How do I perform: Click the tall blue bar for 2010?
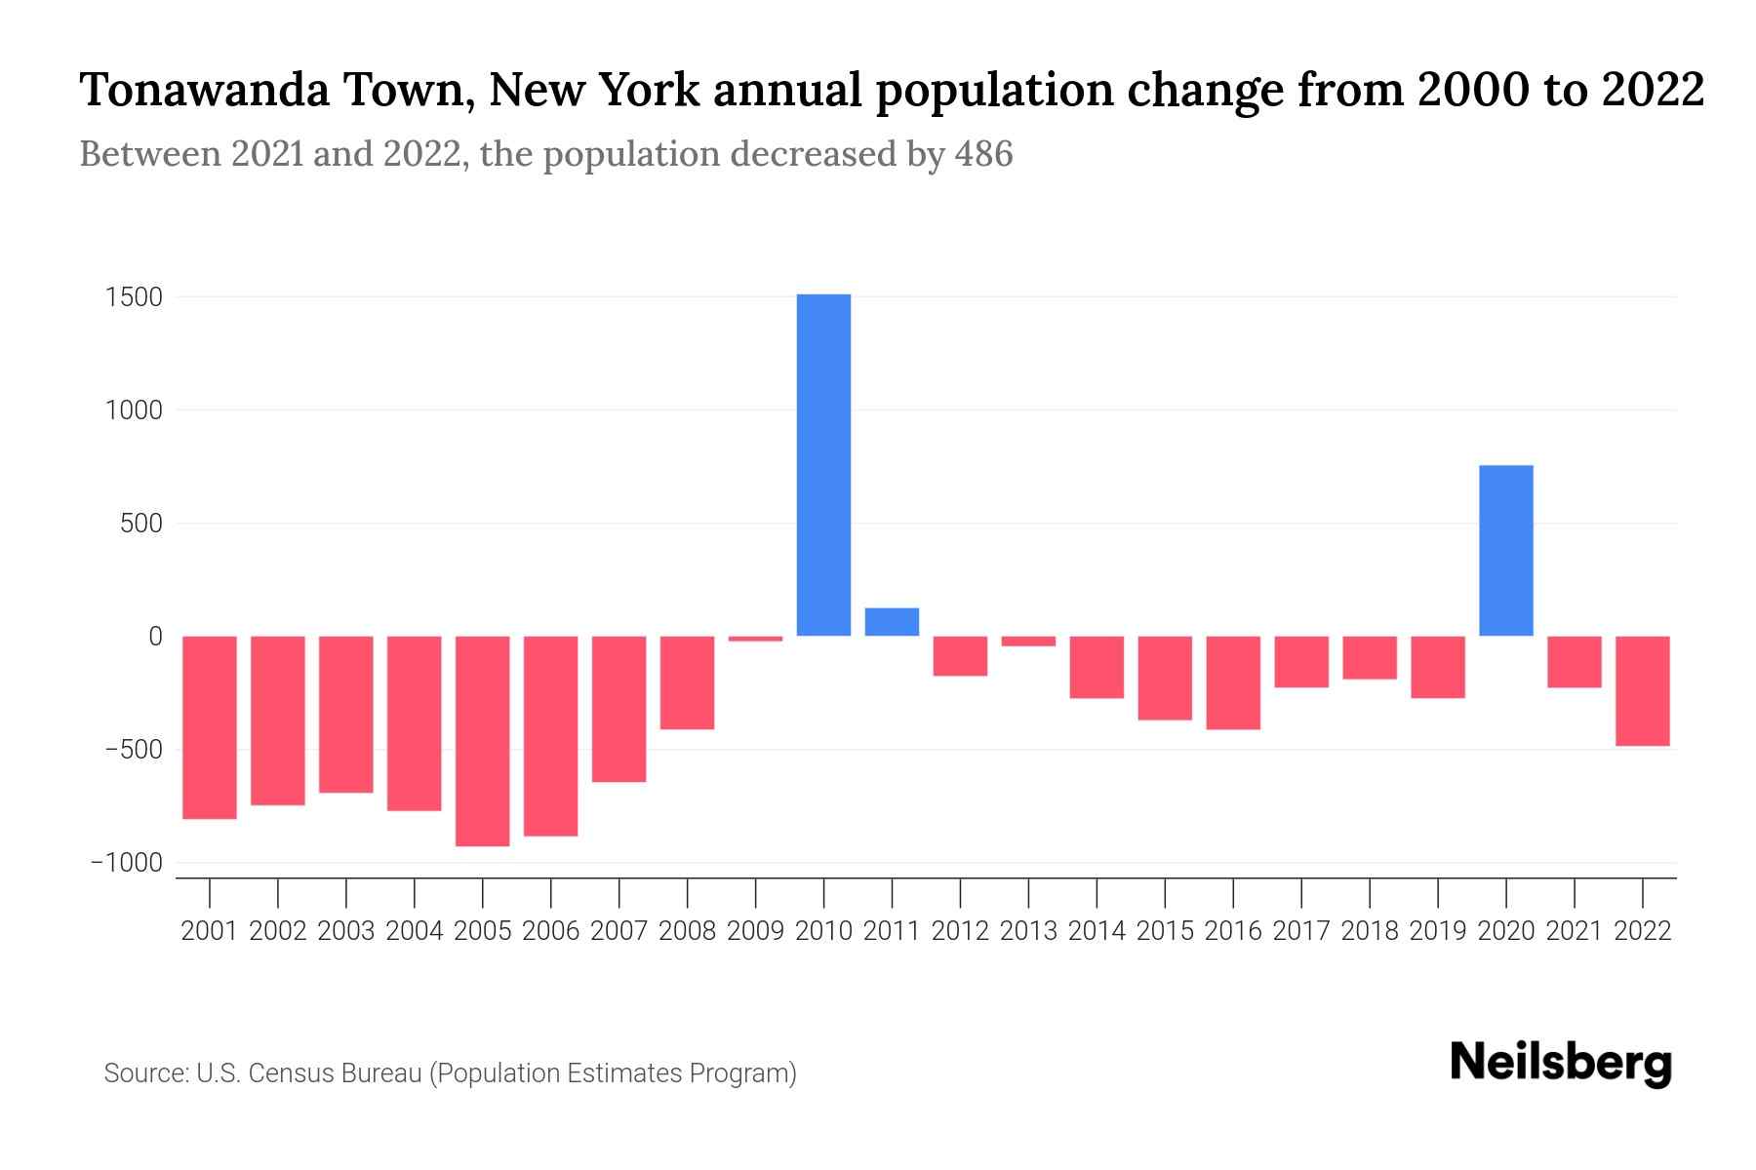coord(823,465)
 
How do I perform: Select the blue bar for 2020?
coord(1505,551)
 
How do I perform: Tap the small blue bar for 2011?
coord(892,622)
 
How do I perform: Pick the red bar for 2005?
coord(482,741)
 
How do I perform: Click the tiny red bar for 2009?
coord(755,639)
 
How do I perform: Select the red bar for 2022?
coord(1642,690)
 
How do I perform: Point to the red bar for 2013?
coord(1028,641)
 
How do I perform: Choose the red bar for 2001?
coord(210,727)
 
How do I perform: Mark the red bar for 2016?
coord(1233,682)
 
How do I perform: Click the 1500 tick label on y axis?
coord(134,297)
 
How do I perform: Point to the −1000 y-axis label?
coord(126,863)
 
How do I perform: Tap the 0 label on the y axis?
coord(155,637)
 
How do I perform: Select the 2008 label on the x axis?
coord(687,931)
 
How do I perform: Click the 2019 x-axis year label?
coord(1437,931)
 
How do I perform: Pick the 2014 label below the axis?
coord(1097,931)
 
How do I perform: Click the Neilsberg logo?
coord(1560,1063)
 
